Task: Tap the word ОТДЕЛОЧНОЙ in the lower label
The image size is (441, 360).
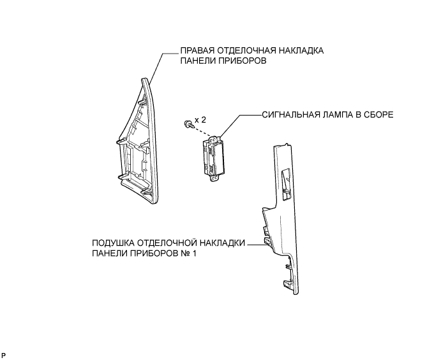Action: [x=165, y=243]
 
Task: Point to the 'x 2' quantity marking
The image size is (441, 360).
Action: [x=200, y=120]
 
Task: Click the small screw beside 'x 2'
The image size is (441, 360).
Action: [x=186, y=123]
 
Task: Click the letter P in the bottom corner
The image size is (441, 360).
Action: [x=4, y=354]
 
